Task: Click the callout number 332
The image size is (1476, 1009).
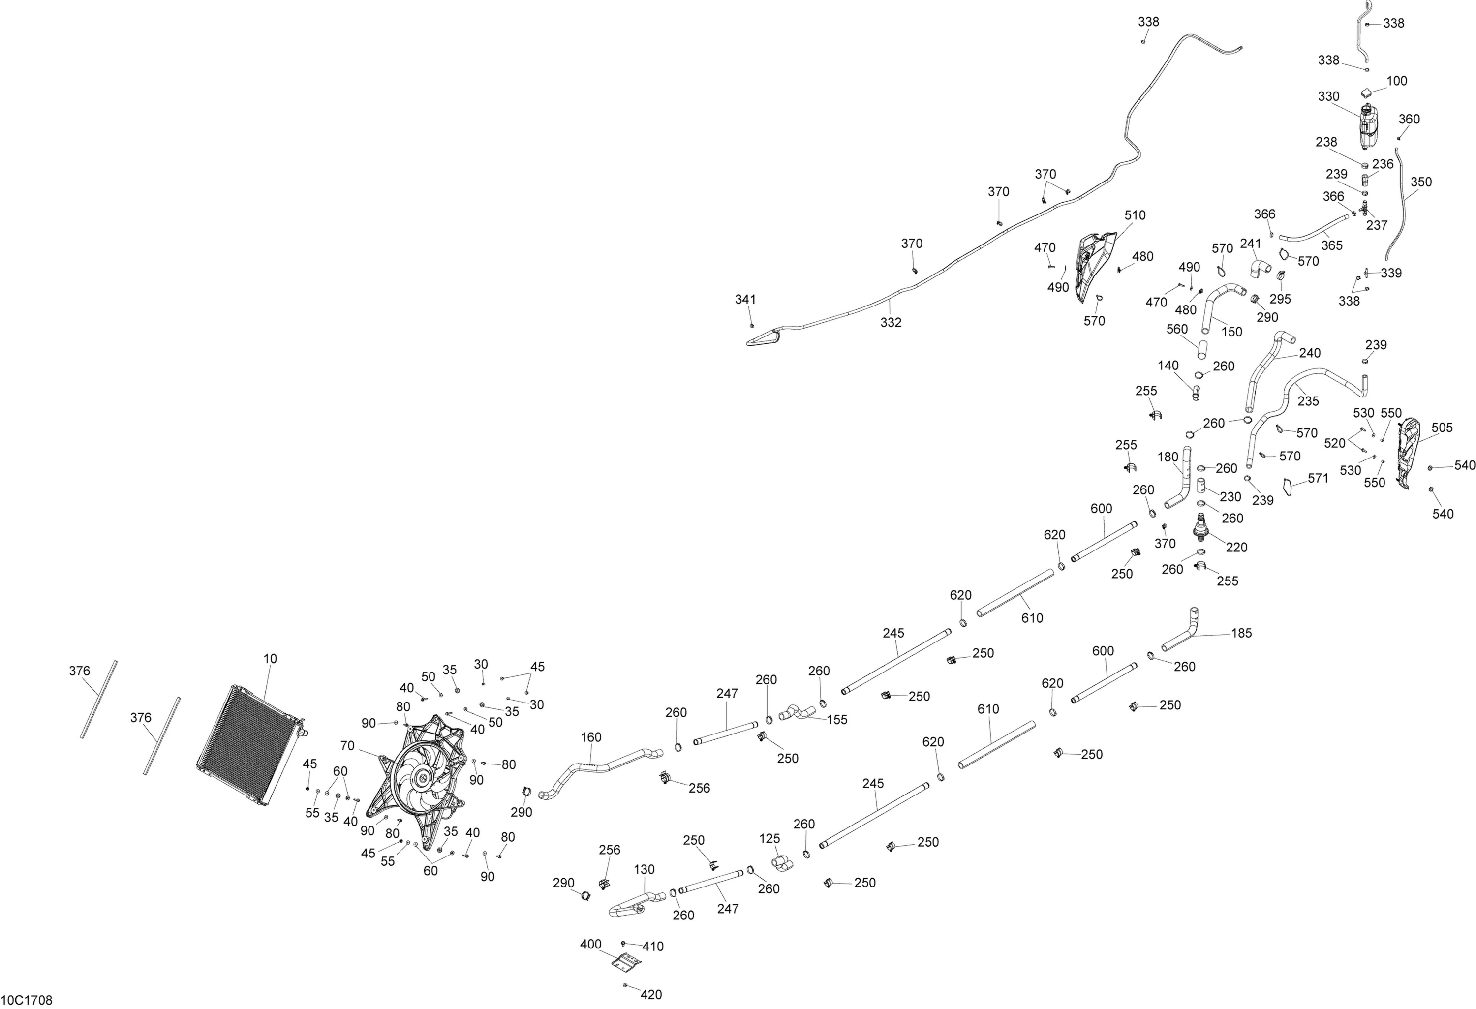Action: click(891, 323)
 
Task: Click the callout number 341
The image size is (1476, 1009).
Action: click(745, 299)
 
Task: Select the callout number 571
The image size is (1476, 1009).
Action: click(1318, 478)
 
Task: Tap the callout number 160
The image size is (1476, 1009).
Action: click(591, 738)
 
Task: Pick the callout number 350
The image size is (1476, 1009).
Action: click(1421, 182)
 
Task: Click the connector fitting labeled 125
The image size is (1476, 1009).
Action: click(782, 863)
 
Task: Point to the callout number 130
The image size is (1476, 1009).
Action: click(644, 869)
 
